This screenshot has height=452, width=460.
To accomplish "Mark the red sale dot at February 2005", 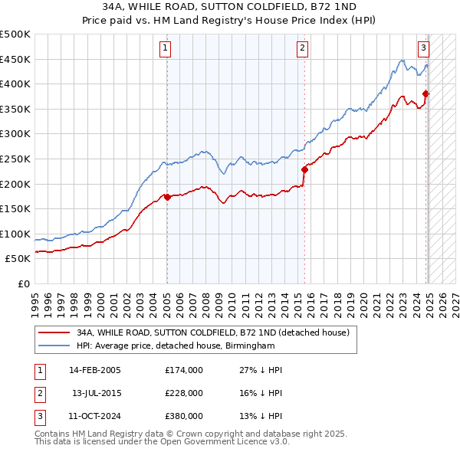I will [167, 197].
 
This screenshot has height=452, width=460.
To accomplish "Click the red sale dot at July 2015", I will [304, 169].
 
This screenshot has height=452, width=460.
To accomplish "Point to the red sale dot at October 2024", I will [426, 94].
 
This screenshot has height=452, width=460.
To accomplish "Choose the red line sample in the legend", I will [54, 332].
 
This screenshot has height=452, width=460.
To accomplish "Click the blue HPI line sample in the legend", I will [54, 346].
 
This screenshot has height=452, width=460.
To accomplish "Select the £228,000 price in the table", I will [184, 393].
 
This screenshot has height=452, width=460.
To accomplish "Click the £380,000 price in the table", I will [184, 416].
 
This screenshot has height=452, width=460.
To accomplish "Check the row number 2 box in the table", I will [38, 393].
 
